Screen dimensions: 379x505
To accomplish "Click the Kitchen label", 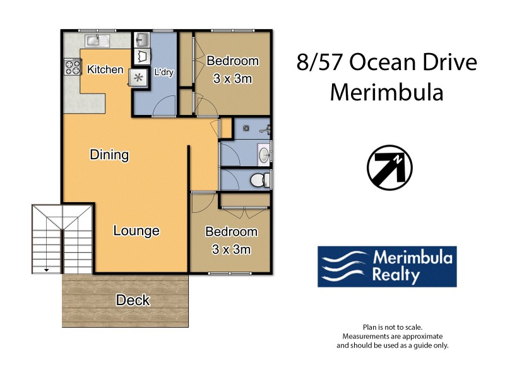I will coord(105,69).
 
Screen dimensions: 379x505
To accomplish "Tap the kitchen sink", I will coord(97,40).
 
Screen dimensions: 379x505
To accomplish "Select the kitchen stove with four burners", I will coord(72,67).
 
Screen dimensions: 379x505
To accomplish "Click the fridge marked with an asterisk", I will coord(138,78).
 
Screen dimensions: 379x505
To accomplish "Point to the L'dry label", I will coord(163,73).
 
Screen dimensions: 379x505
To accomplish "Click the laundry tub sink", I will coord(141,41).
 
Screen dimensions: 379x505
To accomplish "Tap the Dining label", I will coord(109,155).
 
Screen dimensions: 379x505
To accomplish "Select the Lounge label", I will coord(136,231).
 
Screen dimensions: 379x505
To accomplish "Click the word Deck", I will coord(133,300).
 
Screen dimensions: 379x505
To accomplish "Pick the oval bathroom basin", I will coord(263,153).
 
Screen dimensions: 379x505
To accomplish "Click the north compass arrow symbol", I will coord(389,167).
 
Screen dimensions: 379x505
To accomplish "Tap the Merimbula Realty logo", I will coord(386,267).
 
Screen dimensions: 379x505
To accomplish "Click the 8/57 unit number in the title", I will coord(319,63).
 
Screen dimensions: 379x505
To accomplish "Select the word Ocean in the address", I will coord(383,63).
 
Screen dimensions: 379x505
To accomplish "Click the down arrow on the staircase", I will coord(46,269).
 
